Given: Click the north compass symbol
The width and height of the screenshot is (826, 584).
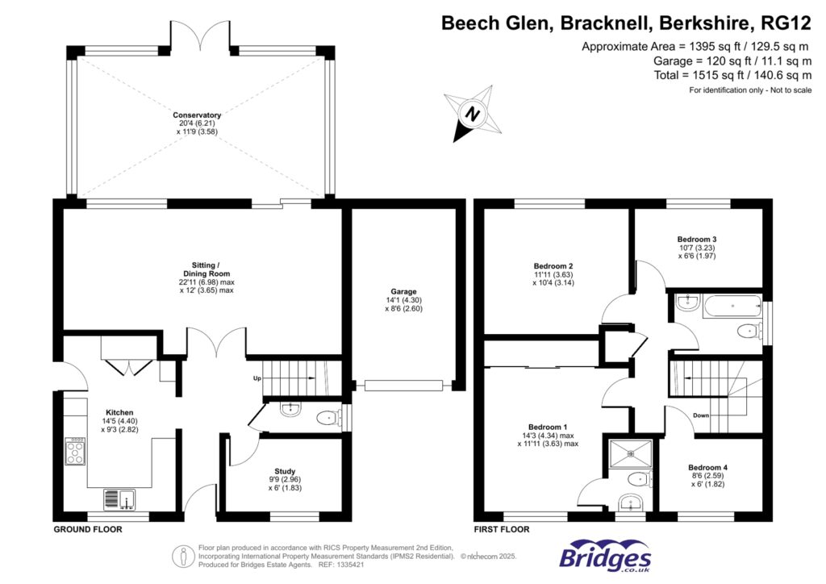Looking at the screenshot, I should pyautogui.click(x=473, y=114).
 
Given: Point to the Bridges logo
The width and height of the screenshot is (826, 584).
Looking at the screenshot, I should pyautogui.click(x=605, y=557).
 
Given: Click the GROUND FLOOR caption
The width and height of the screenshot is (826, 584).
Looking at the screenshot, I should pyautogui.click(x=87, y=530).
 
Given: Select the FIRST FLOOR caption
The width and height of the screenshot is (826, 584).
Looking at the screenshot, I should pyautogui.click(x=501, y=530).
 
